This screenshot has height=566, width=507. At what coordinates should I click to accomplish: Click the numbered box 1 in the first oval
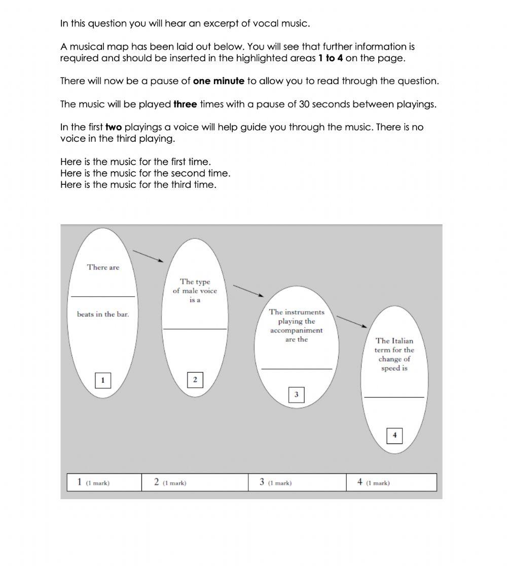pyautogui.click(x=103, y=380)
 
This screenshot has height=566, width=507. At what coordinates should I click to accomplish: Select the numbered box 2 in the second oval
pyautogui.click(x=195, y=380)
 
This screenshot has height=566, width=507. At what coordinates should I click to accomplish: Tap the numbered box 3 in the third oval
pyautogui.click(x=296, y=394)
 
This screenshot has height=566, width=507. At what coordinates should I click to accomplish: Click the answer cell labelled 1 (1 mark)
pyautogui.click(x=104, y=482)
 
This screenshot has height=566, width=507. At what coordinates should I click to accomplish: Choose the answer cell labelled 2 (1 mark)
pyautogui.click(x=195, y=482)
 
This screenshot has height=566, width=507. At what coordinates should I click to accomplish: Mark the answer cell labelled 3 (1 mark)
pyautogui.click(x=297, y=482)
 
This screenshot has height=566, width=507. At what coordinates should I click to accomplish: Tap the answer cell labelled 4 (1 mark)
pyautogui.click(x=391, y=482)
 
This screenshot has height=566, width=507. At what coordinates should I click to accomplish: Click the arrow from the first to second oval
pyautogui.click(x=148, y=256)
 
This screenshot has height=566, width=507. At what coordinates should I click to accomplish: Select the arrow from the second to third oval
pyautogui.click(x=248, y=291)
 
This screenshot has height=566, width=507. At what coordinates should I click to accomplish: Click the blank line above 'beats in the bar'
pyautogui.click(x=103, y=296)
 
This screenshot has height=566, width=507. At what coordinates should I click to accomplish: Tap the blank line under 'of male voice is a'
pyautogui.click(x=195, y=329)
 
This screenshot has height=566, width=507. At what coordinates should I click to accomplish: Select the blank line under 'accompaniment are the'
pyautogui.click(x=296, y=369)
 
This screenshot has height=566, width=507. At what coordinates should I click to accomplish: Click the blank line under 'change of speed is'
pyautogui.click(x=394, y=397)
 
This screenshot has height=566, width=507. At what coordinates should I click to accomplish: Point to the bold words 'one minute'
pyautogui.click(x=219, y=81)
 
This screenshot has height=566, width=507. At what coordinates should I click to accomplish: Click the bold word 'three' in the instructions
pyautogui.click(x=185, y=104)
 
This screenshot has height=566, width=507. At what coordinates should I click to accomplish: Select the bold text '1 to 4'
pyautogui.click(x=331, y=58)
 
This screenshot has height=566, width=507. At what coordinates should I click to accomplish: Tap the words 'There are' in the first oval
pyautogui.click(x=103, y=267)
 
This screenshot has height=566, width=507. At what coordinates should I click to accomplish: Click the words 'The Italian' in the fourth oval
pyautogui.click(x=394, y=341)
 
